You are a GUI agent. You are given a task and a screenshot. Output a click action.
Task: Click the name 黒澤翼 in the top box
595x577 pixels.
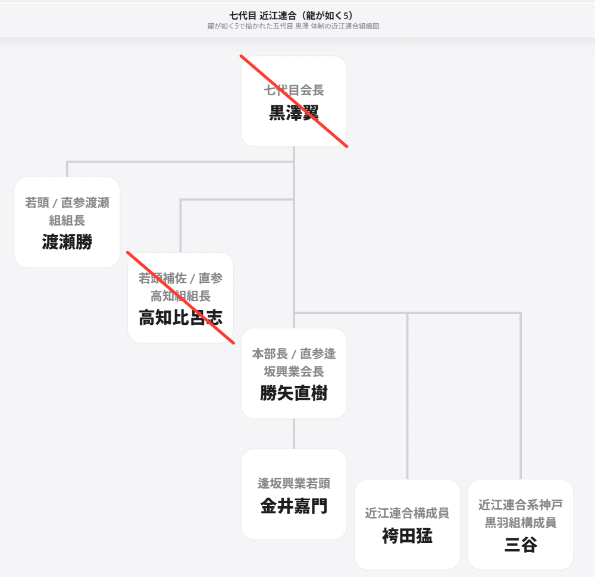294,112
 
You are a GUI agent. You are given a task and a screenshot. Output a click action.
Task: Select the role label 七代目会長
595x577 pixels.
294,90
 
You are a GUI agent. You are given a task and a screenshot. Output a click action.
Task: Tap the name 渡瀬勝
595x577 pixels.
67,242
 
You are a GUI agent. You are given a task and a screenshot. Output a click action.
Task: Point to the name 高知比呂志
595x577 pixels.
181,317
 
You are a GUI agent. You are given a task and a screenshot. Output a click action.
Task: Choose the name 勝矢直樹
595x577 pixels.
294,393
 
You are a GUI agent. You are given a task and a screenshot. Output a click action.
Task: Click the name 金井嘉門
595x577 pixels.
294,506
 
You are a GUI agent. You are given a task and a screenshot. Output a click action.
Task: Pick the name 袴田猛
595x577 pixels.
407,535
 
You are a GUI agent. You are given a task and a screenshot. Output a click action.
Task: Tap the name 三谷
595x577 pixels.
521,544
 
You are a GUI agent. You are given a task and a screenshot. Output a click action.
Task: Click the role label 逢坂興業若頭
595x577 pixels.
294,483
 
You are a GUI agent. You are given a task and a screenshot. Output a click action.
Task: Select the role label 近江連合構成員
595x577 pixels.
407,513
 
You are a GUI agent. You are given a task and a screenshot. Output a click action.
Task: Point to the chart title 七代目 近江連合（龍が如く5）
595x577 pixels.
292,15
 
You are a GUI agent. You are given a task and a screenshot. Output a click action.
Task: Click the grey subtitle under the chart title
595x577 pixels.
293,26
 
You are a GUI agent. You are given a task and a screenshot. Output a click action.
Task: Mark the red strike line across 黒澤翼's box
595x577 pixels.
294,101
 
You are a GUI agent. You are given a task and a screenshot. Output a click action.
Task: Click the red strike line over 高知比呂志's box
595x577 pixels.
181,297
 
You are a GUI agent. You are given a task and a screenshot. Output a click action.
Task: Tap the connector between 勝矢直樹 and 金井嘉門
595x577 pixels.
294,434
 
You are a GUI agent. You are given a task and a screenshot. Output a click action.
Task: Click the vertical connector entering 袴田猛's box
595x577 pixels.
407,396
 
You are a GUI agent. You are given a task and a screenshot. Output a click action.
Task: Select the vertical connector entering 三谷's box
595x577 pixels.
521,396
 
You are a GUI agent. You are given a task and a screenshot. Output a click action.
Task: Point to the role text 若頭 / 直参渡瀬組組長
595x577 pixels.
67,211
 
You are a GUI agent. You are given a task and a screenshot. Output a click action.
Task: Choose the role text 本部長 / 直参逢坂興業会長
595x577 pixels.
294,362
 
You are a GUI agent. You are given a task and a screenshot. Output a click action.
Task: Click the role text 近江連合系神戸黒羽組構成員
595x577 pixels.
521,513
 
